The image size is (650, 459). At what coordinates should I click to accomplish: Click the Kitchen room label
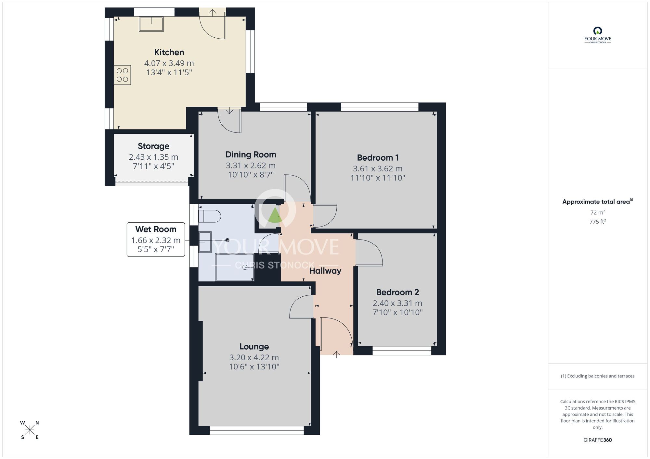click(169, 52)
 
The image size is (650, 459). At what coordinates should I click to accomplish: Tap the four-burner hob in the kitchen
click(122, 75)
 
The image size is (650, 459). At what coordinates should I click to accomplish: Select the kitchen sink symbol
click(151, 24)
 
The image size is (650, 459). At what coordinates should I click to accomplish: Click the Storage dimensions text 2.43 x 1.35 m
click(153, 157)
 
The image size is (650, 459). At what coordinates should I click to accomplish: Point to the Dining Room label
click(251, 155)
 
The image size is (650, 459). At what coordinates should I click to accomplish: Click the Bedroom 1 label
click(378, 158)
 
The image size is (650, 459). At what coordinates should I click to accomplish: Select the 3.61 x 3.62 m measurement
click(378, 169)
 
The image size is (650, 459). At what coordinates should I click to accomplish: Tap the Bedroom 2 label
click(397, 292)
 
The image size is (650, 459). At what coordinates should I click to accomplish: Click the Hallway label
click(325, 271)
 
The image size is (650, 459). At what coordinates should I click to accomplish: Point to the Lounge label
click(254, 347)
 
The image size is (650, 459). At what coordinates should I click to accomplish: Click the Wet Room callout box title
click(156, 229)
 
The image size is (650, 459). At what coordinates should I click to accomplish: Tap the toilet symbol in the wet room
click(210, 216)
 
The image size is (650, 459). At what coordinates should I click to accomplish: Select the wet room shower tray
click(235, 267)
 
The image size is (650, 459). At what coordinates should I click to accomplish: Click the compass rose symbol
click(30, 430)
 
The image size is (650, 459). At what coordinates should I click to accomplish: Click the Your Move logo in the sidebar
click(597, 35)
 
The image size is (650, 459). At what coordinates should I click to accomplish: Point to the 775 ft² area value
click(597, 222)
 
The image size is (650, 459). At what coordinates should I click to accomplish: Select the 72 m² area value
click(597, 213)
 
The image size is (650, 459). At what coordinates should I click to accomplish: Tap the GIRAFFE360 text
click(597, 440)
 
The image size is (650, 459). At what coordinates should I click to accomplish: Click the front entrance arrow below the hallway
click(336, 354)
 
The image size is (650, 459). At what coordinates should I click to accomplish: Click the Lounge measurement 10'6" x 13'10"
click(254, 367)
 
